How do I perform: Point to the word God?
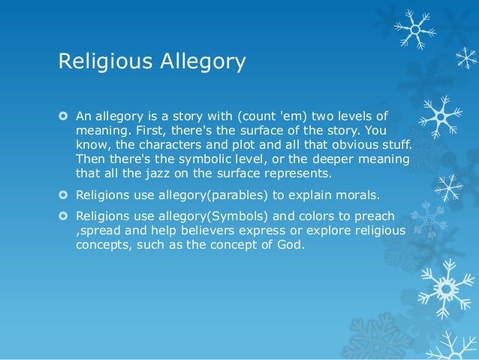click(x=293, y=244)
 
